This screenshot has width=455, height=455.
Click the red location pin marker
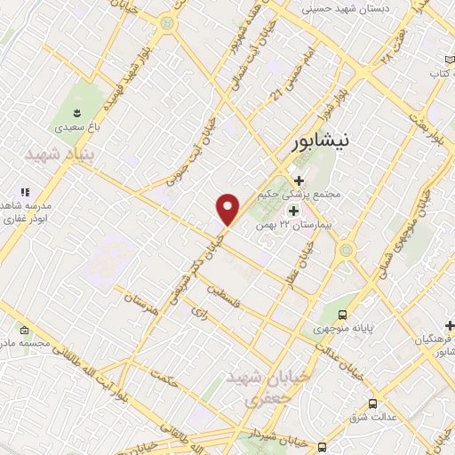coord(228,208)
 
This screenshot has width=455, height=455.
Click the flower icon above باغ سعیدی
coord(76,112)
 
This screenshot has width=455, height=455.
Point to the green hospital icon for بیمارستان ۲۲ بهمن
coord(294,211)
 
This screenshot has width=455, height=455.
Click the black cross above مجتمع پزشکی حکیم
coord(299,179)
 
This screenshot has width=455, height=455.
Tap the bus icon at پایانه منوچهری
coord(343,315)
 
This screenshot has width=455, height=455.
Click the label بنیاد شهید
coord(59,155)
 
